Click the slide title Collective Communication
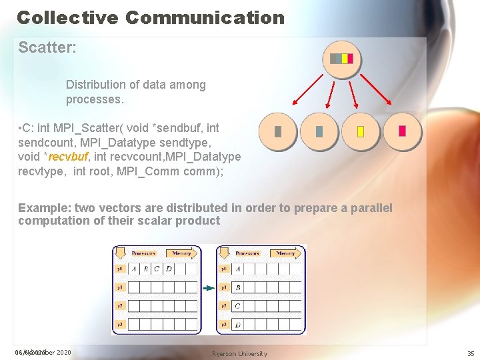[151, 17]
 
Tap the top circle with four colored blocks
[342, 59]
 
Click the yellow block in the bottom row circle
[361, 132]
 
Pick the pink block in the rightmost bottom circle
[402, 131]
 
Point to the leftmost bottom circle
[278, 132]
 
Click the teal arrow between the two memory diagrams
[209, 288]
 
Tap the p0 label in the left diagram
[120, 269]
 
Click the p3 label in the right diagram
[224, 324]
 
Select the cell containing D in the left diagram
[169, 269]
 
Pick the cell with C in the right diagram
[238, 306]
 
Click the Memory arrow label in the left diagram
[181, 254]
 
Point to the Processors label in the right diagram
[247, 254]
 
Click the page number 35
[471, 353]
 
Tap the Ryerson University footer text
[239, 353]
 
